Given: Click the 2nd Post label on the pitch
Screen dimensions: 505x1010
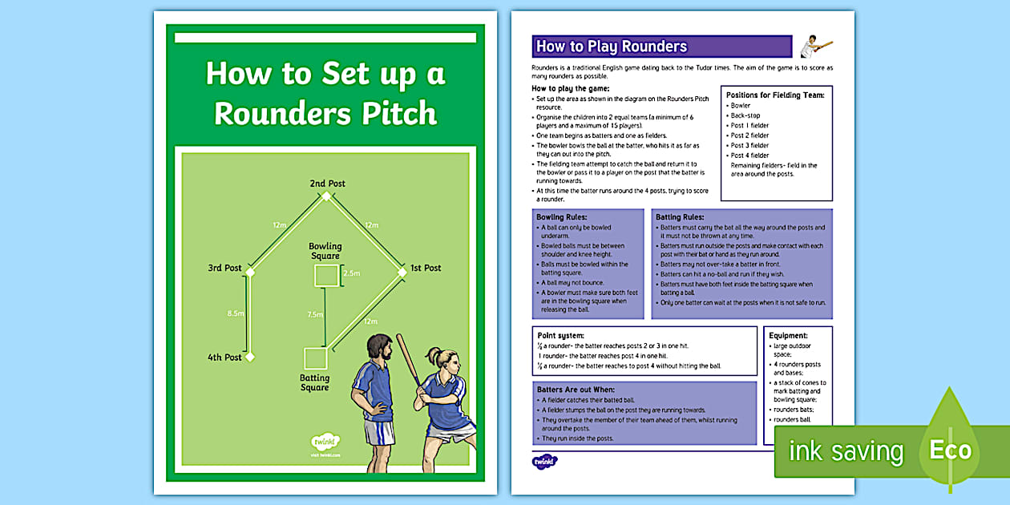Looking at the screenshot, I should [x=327, y=184].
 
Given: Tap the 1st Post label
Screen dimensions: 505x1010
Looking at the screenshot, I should [x=425, y=268].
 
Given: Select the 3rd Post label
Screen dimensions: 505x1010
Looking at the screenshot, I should [x=224, y=268].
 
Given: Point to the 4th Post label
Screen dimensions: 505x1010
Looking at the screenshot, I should [x=224, y=358].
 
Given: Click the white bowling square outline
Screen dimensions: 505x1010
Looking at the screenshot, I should [x=325, y=276].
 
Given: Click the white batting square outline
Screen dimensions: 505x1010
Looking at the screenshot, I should [x=314, y=358].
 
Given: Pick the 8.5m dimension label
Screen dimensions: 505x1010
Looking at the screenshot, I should [x=236, y=313].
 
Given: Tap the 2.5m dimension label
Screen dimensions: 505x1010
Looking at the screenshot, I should [x=351, y=273].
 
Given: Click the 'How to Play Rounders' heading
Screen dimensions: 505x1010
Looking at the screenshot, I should [x=612, y=46].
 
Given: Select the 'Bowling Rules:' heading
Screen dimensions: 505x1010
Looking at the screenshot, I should [x=562, y=217].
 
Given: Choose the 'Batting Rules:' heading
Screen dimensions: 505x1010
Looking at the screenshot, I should [x=680, y=217].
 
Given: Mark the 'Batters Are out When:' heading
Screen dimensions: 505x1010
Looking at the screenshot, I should [x=576, y=390].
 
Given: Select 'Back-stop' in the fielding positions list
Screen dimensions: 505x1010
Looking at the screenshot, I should [x=745, y=115].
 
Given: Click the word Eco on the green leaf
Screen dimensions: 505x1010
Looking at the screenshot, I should [x=950, y=449].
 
